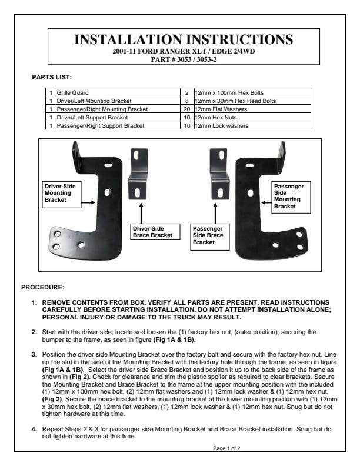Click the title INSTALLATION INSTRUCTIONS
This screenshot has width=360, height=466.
point(182,39)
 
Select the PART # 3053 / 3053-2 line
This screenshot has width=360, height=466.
point(182,59)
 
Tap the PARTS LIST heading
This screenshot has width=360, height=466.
point(52,76)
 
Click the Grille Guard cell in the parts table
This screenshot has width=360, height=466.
point(117,93)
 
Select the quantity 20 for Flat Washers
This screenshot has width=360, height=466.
point(186,109)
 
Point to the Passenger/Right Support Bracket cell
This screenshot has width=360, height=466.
point(117,126)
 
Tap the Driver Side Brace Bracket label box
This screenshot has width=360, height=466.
point(152,232)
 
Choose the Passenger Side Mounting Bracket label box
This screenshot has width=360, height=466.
point(289,196)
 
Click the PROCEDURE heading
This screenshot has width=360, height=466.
point(42,288)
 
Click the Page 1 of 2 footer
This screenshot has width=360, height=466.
point(226,448)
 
